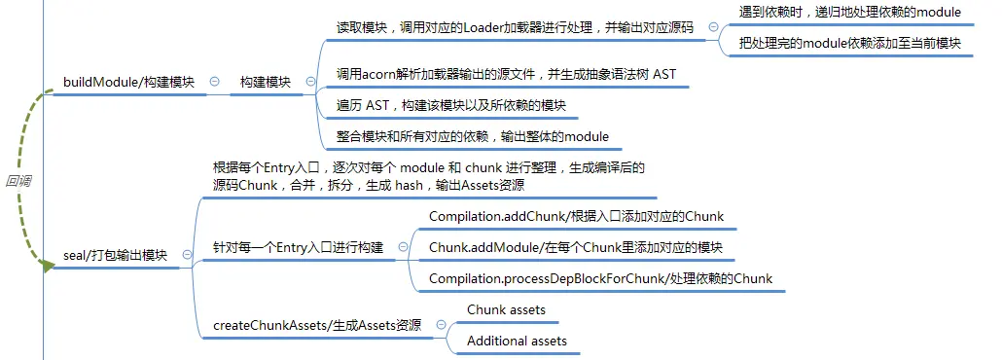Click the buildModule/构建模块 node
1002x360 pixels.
pos(128,82)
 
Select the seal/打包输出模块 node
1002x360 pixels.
pos(115,255)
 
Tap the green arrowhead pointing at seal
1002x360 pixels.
pos(48,266)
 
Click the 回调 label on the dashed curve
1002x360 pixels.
pos(18,181)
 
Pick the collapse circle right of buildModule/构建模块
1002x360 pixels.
pos(215,81)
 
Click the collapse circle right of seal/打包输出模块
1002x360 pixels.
pos(187,255)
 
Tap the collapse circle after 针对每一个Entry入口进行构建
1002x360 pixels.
pos(403,247)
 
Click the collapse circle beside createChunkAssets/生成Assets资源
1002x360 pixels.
pos(441,324)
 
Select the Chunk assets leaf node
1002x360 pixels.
pos(506,310)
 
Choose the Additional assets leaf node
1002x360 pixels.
pos(517,341)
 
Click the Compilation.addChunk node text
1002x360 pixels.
pos(577,216)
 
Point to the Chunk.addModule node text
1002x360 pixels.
pos(576,247)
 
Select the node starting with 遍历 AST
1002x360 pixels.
pos(451,105)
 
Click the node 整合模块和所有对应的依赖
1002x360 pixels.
pos(473,136)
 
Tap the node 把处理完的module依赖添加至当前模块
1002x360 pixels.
pos(845,43)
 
